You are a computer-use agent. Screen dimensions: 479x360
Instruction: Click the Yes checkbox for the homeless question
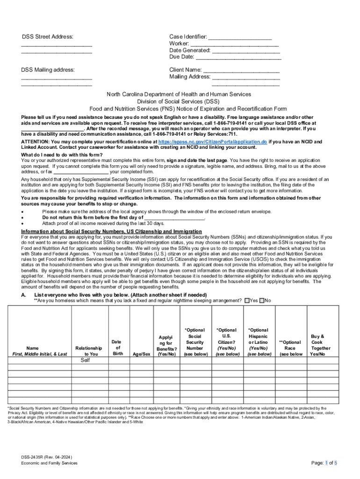pos(247,300)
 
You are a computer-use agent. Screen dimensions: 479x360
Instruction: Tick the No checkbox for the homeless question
pos(262,300)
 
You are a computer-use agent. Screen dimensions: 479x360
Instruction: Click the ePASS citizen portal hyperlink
pos(213,142)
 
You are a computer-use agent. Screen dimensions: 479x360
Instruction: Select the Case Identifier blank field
pos(240,37)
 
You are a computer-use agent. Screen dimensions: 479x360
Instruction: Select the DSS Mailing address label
pos(48,70)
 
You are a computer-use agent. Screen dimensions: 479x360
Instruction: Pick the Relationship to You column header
pos(88,351)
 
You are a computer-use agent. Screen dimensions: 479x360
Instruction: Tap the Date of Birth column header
pos(117,348)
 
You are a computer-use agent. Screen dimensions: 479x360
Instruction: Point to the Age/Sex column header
pos(142,354)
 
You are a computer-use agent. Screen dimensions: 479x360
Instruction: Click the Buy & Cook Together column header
pos(320,345)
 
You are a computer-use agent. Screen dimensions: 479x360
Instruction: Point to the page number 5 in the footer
pos(336,463)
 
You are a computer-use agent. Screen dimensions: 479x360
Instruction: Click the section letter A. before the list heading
pos(23,295)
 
